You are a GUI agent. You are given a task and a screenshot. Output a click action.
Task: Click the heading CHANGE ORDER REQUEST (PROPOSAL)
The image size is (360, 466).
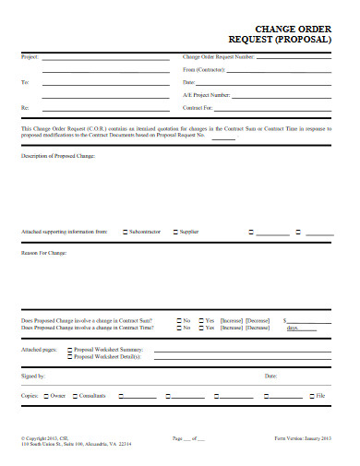coord(285,34)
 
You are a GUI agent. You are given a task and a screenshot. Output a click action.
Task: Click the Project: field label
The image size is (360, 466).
coord(30,57)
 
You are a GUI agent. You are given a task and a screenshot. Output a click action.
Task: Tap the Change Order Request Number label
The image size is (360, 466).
coord(219,57)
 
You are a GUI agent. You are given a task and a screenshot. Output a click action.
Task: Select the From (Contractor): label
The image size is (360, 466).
coord(204,69)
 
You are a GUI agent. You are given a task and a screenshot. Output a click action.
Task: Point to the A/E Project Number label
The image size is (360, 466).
coord(207,94)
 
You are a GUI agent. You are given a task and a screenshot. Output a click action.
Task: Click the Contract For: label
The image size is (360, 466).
coord(198,107)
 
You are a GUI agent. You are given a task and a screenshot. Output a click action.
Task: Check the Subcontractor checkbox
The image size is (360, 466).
coord(126,232)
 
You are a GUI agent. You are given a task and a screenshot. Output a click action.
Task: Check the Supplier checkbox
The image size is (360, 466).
coord(174,232)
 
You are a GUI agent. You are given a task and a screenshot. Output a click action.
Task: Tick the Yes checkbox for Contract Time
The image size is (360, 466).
coord(199,328)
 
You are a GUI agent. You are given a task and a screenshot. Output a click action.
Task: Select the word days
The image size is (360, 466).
coord(293,328)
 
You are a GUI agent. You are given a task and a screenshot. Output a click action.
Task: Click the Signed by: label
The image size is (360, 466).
coord(32,376)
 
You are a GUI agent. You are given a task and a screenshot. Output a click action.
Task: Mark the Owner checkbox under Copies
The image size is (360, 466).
coord(45,395)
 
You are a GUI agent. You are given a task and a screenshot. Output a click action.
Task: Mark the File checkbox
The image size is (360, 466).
coord(311,395)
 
